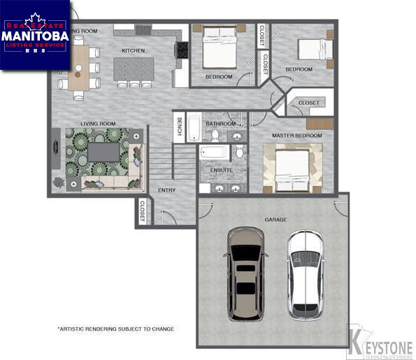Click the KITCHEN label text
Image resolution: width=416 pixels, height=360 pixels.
[x=133, y=51]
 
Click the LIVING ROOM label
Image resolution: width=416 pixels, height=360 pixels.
[x=98, y=124]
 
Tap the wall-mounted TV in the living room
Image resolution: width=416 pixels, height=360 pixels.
[x=54, y=148]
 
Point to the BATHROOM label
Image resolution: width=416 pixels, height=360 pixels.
[x=220, y=124]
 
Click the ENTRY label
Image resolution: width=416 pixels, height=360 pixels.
[x=166, y=190]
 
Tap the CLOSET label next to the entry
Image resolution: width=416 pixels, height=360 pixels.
[x=143, y=211]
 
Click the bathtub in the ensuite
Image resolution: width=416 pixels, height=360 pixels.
[x=213, y=152]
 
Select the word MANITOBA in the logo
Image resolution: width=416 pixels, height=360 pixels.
[x=35, y=35]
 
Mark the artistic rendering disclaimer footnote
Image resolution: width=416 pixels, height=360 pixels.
[x=115, y=328]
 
